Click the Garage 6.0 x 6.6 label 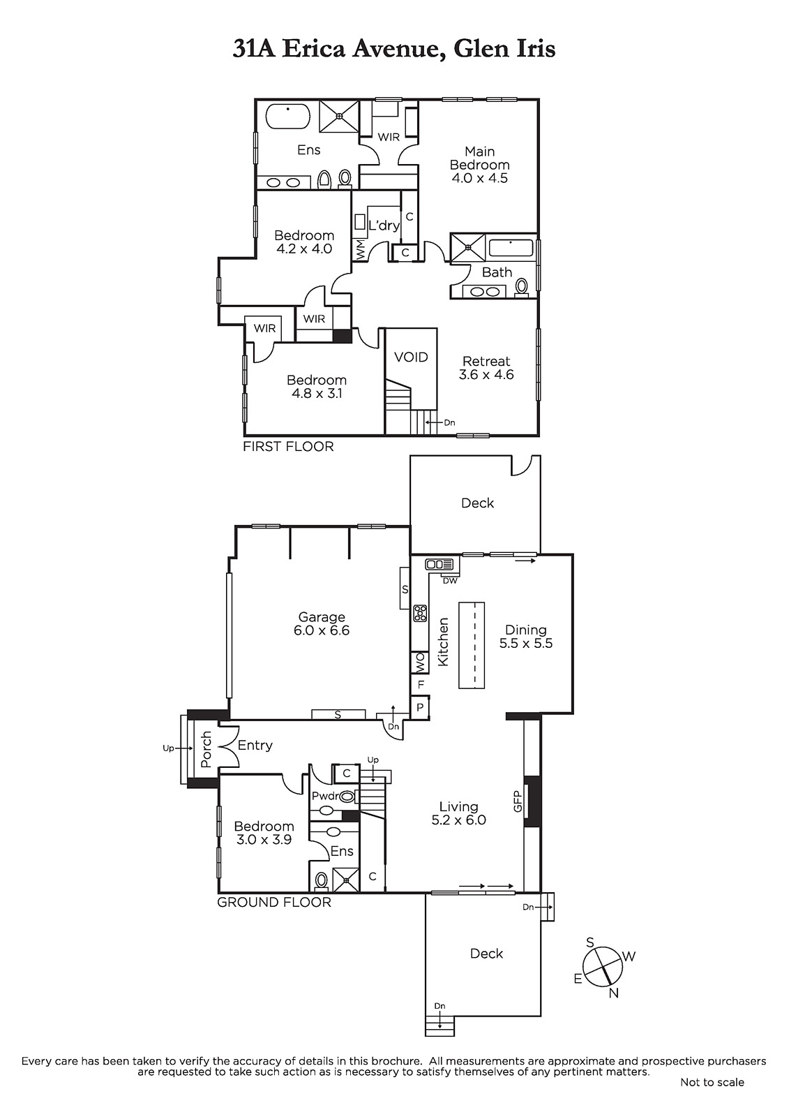[x=322, y=624]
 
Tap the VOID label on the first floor [x=411, y=357]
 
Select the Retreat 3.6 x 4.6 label [x=486, y=368]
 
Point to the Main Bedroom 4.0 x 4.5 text [x=479, y=165]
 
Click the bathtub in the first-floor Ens [x=288, y=117]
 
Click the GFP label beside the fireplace [x=517, y=801]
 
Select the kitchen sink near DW [x=439, y=564]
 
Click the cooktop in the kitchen [x=420, y=613]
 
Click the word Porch [x=206, y=749]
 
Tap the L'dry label [x=384, y=225]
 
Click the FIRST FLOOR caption [x=288, y=446]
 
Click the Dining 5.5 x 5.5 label [x=526, y=636]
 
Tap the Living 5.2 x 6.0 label [x=458, y=813]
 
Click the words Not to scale [x=712, y=1082]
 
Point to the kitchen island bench [x=472, y=645]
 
